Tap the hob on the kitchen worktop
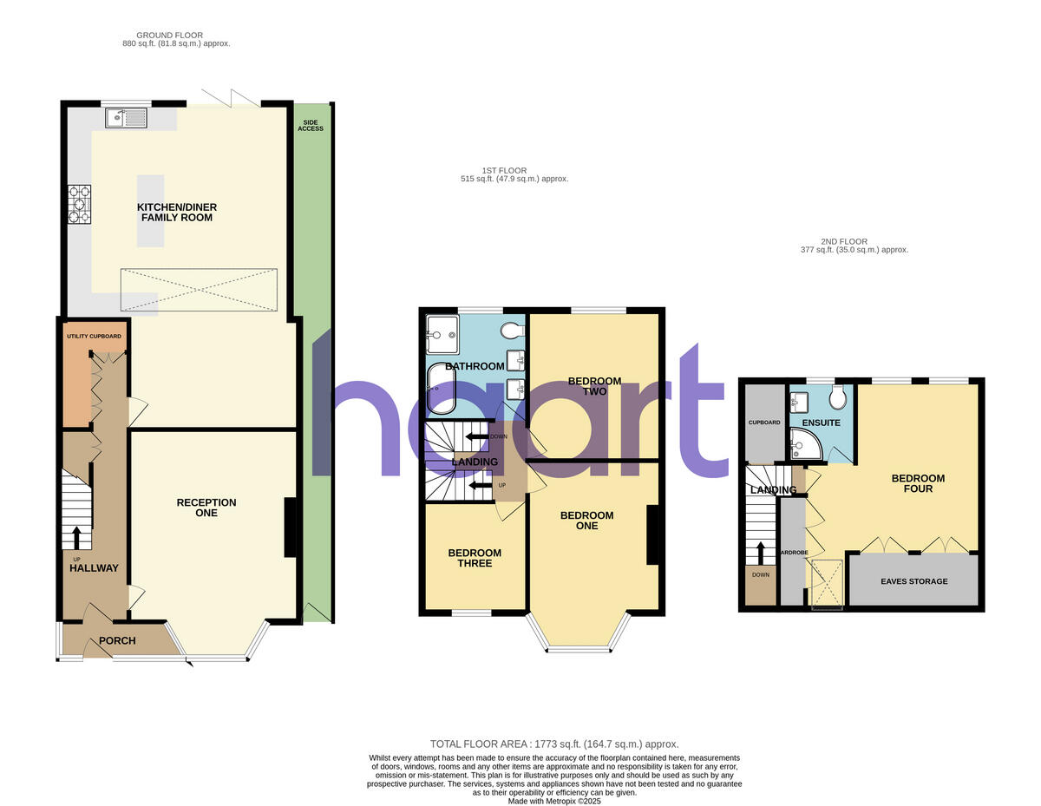coord(79,205)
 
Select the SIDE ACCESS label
coord(311,125)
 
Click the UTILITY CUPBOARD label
coord(94,336)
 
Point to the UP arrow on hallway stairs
coord(76,538)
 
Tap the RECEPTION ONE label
coord(206,508)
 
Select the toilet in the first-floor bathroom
coord(513,331)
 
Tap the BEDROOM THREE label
coord(475,558)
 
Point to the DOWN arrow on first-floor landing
coord(476,436)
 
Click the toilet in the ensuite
coord(837,398)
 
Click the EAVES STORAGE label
coord(914,581)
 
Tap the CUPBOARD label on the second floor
coord(764,423)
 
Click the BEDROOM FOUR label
coord(918,483)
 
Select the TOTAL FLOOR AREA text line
coord(554,744)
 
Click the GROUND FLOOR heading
coord(176,39)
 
